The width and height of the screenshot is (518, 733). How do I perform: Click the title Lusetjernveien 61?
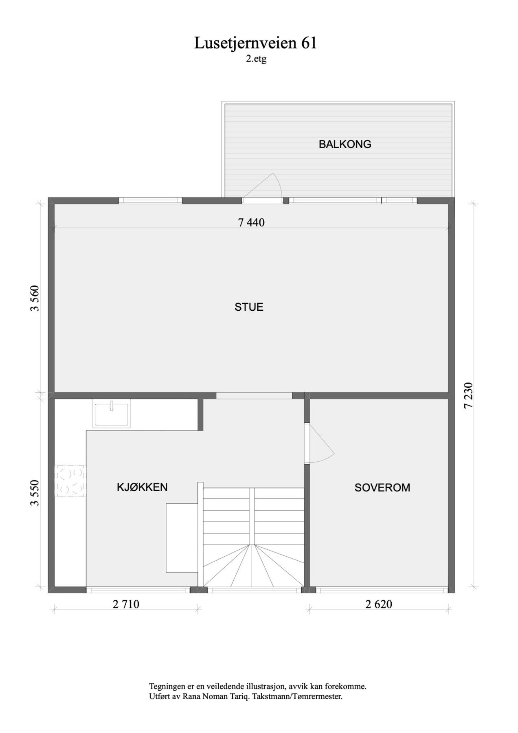point(255,43)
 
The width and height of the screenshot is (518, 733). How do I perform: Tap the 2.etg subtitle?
point(256,59)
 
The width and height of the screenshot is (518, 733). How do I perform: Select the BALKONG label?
point(345,144)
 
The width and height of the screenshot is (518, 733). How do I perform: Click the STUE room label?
point(249,307)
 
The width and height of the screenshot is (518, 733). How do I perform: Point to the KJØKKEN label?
point(142,487)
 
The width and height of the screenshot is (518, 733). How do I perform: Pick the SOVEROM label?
point(382,487)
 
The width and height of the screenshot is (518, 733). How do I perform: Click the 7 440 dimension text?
point(251,222)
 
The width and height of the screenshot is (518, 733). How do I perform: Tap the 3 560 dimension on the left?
point(35,298)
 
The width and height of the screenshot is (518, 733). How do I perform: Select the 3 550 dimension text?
point(35,493)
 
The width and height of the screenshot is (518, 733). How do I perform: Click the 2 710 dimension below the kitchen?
point(126,604)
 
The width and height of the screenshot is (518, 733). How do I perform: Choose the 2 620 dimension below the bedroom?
point(379,604)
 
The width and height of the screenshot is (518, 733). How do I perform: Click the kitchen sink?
point(112,413)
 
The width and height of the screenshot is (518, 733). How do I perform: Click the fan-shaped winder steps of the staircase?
point(253,564)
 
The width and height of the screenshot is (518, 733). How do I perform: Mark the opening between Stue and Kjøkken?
point(254,395)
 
